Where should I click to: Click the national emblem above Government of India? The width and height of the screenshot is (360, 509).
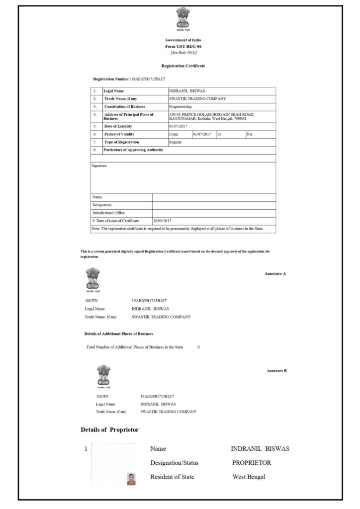coord(183,19)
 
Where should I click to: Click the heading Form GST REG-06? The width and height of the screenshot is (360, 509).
coord(183,46)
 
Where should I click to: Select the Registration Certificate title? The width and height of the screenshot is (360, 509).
coord(183,66)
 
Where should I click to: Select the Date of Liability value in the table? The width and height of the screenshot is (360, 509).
coord(180,126)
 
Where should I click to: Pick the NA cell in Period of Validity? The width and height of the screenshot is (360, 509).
coord(250,134)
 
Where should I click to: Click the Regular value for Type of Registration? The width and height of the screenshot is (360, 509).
coord(176,142)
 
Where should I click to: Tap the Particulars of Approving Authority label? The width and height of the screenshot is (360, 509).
coord(133,150)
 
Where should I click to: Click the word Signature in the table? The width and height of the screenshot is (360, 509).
coord(99,166)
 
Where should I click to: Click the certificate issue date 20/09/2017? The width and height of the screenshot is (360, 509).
coord(163,221)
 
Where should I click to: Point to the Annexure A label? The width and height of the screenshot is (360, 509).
coord(275,273)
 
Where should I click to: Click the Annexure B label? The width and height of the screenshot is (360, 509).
coord(276,371)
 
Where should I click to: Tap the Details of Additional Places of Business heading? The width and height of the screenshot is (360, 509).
coord(118,334)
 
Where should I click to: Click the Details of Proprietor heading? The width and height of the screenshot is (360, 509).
coord(109,429)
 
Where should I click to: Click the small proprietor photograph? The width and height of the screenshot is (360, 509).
coord(131,479)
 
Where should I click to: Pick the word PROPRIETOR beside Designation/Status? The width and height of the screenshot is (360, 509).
coord(251,463)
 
